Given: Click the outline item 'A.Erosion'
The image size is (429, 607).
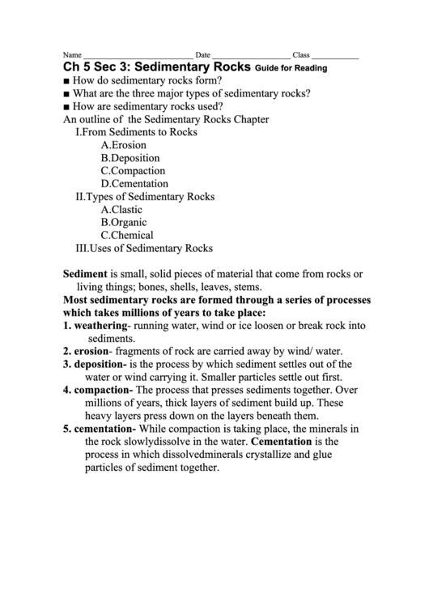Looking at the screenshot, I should [x=124, y=145].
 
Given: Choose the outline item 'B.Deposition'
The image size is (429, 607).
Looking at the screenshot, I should [x=130, y=158].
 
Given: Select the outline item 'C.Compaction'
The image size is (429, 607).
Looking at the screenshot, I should [x=133, y=171].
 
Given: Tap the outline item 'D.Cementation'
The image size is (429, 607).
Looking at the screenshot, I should [x=134, y=184].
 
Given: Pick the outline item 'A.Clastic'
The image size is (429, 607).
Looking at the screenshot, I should [x=121, y=210].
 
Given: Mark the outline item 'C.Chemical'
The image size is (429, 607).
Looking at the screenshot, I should [x=127, y=236].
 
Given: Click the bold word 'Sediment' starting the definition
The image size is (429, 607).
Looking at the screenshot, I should [x=85, y=274].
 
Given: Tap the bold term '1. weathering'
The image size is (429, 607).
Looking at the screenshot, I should [x=96, y=326].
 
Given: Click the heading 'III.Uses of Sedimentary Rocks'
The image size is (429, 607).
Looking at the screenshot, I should [x=143, y=249].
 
